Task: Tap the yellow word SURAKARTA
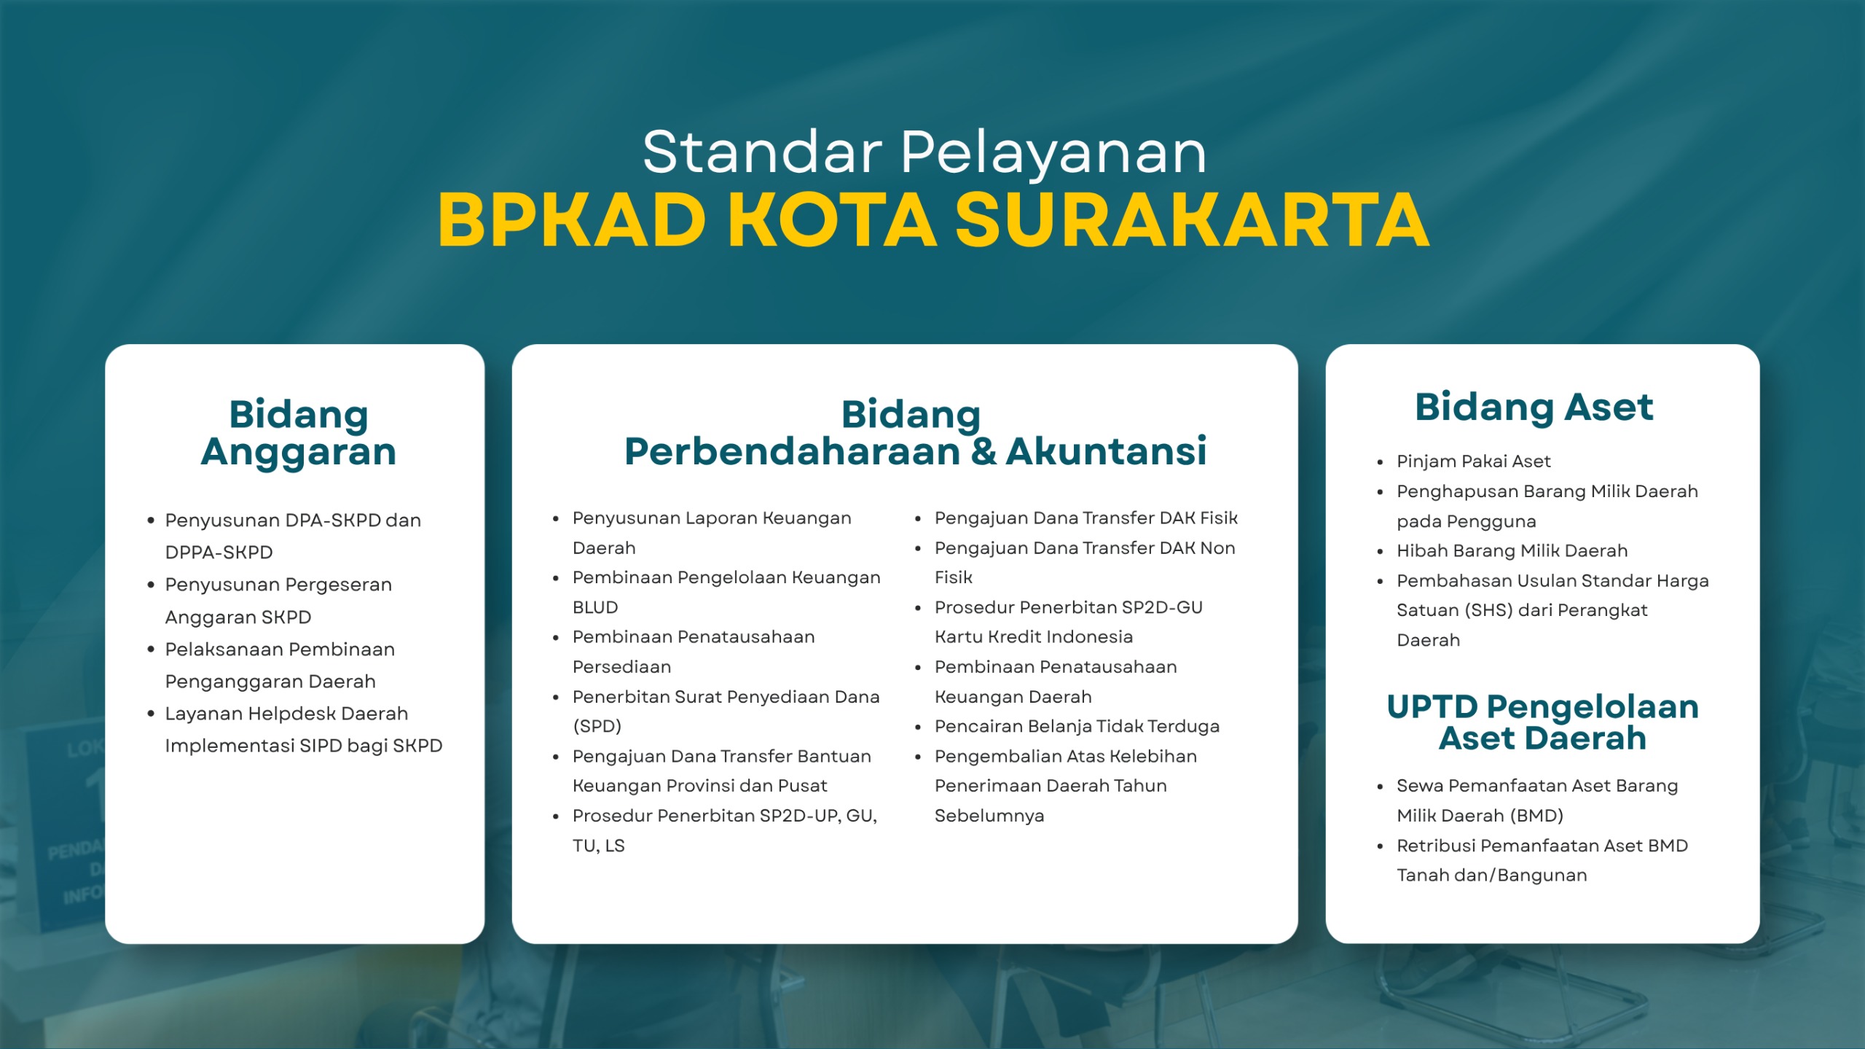pyautogui.click(x=1192, y=220)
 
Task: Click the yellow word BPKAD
pyautogui.click(x=572, y=220)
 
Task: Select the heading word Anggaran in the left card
pyautogui.click(x=299, y=452)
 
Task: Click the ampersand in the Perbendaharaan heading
pyautogui.click(x=983, y=451)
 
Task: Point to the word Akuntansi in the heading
pyautogui.click(x=1106, y=451)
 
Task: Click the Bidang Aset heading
pyautogui.click(x=1534, y=407)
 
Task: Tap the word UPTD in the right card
pyautogui.click(x=1432, y=706)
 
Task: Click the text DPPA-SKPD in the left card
pyautogui.click(x=219, y=553)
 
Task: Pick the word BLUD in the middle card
pyautogui.click(x=595, y=607)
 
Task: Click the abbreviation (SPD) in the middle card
pyautogui.click(x=597, y=727)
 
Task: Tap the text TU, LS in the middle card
pyautogui.click(x=599, y=846)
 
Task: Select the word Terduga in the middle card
pyautogui.click(x=1183, y=727)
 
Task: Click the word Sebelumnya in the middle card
pyautogui.click(x=989, y=816)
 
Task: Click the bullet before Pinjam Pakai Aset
pyautogui.click(x=1380, y=462)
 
